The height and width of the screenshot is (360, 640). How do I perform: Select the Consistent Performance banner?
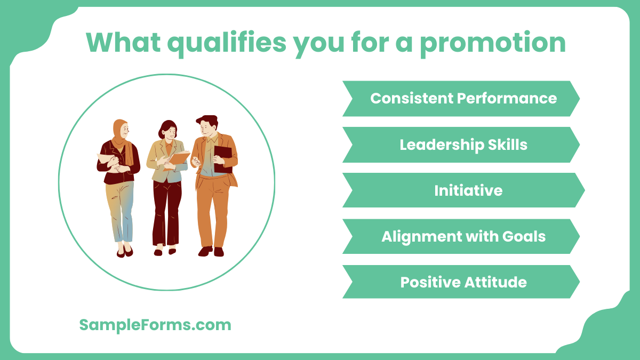[x=462, y=99]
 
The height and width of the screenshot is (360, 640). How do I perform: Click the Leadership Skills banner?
[x=462, y=145]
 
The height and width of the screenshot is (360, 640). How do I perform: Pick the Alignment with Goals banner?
[x=462, y=236]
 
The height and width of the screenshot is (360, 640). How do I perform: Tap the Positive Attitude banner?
[x=462, y=282]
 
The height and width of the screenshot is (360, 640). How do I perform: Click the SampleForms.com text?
[x=155, y=325]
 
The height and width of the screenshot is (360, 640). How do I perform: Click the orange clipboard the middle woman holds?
[x=179, y=158]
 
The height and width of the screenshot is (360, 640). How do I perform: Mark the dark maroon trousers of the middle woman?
[x=166, y=213]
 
